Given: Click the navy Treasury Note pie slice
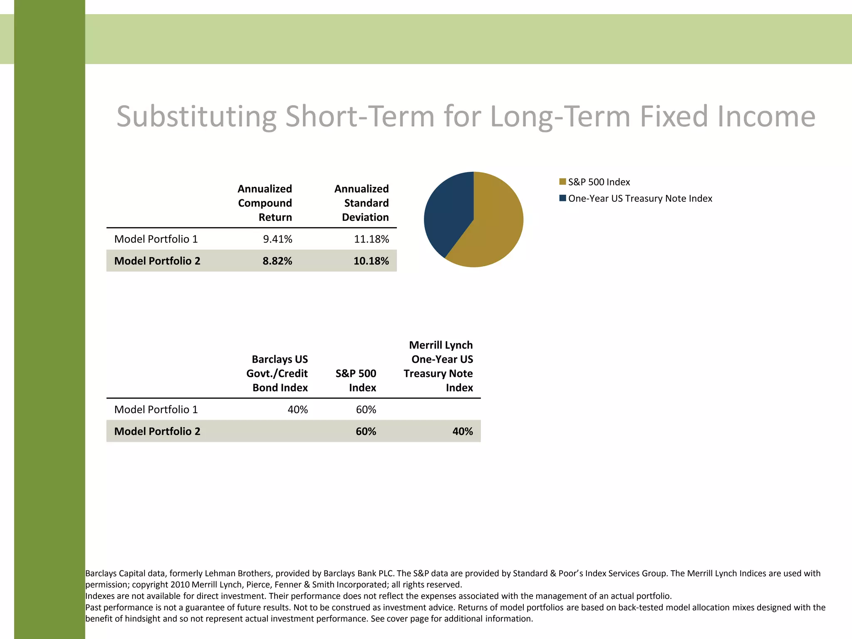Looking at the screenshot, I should point(447,212).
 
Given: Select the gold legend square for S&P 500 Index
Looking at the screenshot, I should point(562,182).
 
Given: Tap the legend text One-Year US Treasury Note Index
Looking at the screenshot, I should point(640,198).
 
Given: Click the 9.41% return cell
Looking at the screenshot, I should point(277,239).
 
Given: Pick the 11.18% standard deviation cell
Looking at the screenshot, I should point(371,239).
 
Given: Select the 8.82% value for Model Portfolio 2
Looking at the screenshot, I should point(277,261).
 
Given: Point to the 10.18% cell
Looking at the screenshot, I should point(371,261).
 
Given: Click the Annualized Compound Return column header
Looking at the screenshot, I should point(265,203).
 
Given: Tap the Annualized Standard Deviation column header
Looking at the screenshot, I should point(362,203).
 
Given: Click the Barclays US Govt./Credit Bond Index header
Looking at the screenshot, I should point(277,373).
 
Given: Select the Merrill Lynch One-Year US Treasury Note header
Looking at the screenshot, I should point(438,366).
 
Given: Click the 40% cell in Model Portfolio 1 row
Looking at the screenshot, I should point(297,410).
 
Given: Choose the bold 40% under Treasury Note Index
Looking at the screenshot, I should point(462,431).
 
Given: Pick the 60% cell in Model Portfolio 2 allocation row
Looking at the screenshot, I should point(366,431).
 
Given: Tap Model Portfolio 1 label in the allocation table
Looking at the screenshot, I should point(156,410).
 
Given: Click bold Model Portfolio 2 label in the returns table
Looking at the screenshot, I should point(157,261).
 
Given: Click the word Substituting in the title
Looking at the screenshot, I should point(196,116).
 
